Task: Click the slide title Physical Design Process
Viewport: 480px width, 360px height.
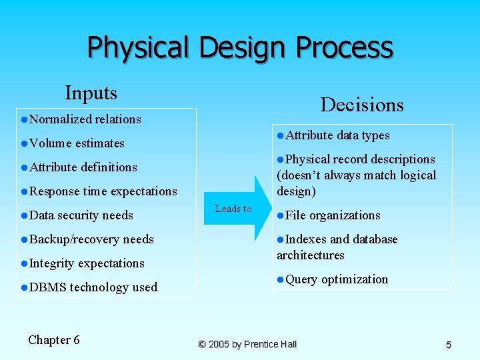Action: (240, 48)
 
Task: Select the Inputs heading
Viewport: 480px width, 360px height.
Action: (91, 93)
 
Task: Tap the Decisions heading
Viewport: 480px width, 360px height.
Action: (362, 105)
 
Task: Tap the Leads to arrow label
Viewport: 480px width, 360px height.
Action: (233, 209)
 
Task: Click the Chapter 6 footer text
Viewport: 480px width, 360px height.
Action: (54, 340)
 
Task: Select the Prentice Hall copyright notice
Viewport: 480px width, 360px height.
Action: (247, 344)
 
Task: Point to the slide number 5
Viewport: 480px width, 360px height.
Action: (449, 345)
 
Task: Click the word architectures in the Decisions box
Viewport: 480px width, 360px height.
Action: (311, 255)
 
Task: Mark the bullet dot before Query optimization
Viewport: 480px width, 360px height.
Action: (281, 279)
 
